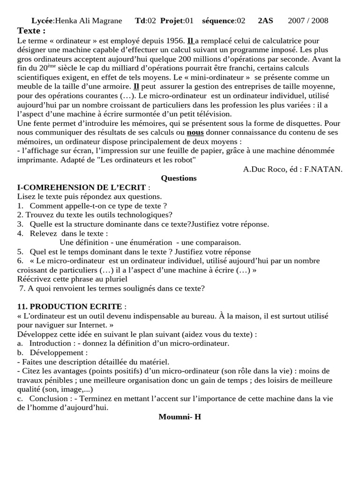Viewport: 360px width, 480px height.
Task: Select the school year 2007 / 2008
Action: coord(308,21)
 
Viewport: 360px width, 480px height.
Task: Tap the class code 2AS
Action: coord(265,21)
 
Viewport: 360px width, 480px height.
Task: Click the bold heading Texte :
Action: coord(31,31)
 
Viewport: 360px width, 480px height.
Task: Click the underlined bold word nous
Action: coord(195,132)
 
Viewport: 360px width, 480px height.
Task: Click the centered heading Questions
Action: coord(179,178)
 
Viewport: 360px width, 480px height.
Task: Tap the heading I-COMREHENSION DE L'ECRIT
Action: coord(81,187)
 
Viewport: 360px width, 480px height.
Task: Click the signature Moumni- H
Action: coord(180,417)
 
